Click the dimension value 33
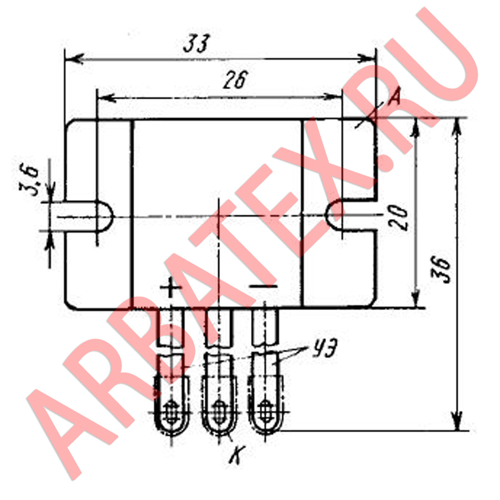click(197, 43)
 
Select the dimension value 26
click(236, 79)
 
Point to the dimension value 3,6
click(29, 180)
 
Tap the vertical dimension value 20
click(399, 218)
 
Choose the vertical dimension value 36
click(442, 270)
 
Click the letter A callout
click(394, 97)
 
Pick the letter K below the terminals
click(237, 454)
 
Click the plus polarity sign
click(171, 287)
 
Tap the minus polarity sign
click(264, 286)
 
